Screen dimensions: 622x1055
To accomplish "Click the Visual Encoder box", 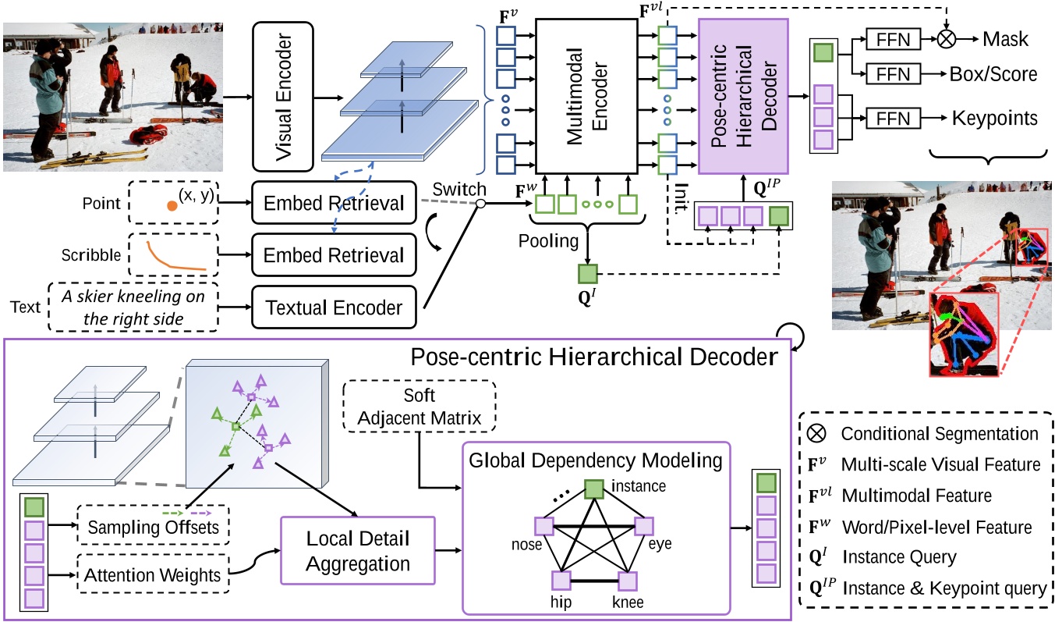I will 282,96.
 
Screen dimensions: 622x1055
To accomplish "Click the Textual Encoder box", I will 335,307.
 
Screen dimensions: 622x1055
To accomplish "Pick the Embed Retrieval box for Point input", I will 335,204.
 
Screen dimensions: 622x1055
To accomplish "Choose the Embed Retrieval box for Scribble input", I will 335,255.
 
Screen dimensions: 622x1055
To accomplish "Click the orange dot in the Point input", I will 170,207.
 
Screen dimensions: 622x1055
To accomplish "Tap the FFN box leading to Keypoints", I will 893,119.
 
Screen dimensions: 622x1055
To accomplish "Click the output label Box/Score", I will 993,74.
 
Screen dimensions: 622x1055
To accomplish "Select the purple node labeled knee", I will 629,581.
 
